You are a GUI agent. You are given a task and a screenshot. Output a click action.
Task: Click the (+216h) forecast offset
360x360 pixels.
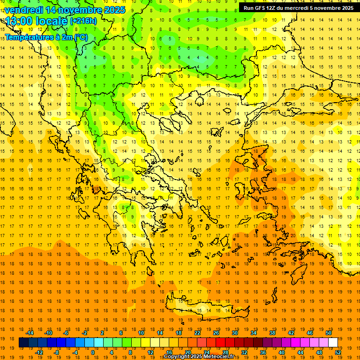pyautogui.click(x=83, y=21)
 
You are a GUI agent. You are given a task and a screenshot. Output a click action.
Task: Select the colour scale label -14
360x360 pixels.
pyautogui.click(x=30, y=333)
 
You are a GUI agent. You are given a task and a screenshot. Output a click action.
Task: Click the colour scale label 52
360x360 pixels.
pyautogui.click(x=338, y=352)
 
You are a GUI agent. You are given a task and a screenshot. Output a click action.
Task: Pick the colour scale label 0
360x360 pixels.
pyautogui.click(x=93, y=352)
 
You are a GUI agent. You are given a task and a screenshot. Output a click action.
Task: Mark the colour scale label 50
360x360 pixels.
pyautogui.click(x=329, y=333)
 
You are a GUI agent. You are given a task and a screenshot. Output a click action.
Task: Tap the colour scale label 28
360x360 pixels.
pyautogui.click(x=226, y=352)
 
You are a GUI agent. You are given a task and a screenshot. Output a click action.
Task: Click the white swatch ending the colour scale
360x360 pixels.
pyautogui.click(x=333, y=343)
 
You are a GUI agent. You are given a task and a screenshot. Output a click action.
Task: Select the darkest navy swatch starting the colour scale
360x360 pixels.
pyautogui.click(x=23, y=343)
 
